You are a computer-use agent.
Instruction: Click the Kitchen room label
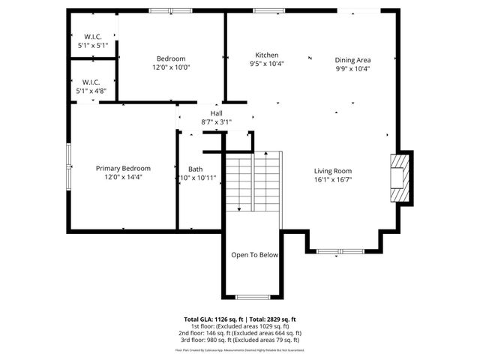coord(267,55)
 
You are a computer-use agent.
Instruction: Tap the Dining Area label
coord(352,60)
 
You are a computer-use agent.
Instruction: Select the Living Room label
coord(332,171)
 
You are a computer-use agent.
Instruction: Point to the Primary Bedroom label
coord(123,168)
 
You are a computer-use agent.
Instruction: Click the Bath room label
coord(196,169)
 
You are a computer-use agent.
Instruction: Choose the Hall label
coord(216,113)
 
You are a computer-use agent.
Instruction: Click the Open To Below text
coord(254,255)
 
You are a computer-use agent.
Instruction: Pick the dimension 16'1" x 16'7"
coord(332,180)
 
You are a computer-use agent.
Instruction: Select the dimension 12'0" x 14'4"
coord(123,177)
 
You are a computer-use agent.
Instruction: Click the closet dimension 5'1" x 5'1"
coord(92,46)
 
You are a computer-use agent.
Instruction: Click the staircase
coord(253,181)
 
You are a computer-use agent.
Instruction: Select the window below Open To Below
coord(253,297)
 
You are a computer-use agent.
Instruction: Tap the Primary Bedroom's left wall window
coord(69,157)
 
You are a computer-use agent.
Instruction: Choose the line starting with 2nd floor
coord(240,333)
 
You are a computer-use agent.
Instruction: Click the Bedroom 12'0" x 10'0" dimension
coord(171,67)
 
